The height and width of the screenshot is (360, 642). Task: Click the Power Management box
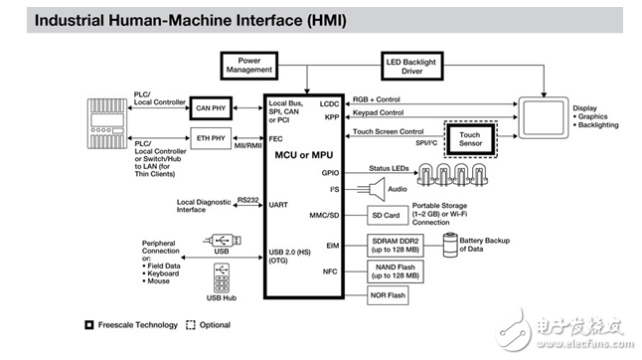pos(248,66)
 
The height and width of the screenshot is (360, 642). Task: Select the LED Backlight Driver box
pos(411,66)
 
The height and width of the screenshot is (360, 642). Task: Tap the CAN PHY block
pos(211,108)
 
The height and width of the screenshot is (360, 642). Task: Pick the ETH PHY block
pos(211,138)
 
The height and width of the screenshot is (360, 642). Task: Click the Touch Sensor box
pos(470,139)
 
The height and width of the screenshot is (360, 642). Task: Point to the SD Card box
pos(388,216)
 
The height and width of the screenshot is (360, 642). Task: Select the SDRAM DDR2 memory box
pos(396,246)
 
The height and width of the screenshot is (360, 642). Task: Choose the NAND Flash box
pos(396,271)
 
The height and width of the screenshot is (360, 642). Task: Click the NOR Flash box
pos(388,295)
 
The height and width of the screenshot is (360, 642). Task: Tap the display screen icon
pos(544,118)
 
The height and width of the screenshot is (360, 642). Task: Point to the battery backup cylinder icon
pos(450,245)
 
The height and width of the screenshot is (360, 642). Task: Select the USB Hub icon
pos(222,278)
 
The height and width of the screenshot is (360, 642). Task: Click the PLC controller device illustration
pos(107,123)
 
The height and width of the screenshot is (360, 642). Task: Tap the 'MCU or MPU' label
pos(304,155)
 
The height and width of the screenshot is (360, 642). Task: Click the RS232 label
pos(248,200)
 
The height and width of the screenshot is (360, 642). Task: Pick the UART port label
pos(278,205)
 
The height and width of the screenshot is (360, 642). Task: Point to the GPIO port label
pos(330,173)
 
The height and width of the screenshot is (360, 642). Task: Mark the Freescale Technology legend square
pos(89,325)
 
